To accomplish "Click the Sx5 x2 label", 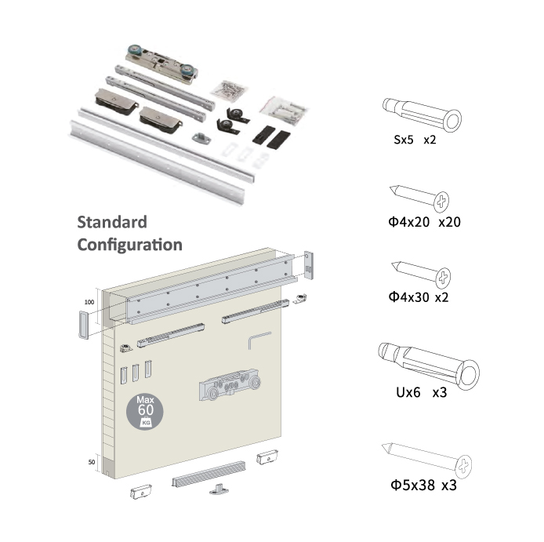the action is pyautogui.click(x=415, y=140).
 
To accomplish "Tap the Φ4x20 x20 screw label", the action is pyautogui.click(x=424, y=222).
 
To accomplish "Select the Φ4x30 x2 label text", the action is pyautogui.click(x=419, y=297).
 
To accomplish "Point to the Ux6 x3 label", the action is pyautogui.click(x=421, y=392).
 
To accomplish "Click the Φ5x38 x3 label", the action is pyautogui.click(x=423, y=485).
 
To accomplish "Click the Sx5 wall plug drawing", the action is pyautogui.click(x=422, y=115).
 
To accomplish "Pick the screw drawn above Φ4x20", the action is pyautogui.click(x=419, y=198).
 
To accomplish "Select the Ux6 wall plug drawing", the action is pyautogui.click(x=429, y=366).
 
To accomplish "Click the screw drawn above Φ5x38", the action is pyautogui.click(x=426, y=460).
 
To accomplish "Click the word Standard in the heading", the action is pyautogui.click(x=112, y=222).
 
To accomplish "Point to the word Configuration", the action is pyautogui.click(x=130, y=246).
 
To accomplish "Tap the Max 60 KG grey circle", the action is pyautogui.click(x=145, y=412).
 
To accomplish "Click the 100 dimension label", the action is pyautogui.click(x=89, y=302).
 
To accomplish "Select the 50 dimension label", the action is pyautogui.click(x=91, y=462).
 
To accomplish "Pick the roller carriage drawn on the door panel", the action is pyautogui.click(x=230, y=384).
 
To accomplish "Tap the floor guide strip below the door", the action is pyautogui.click(x=209, y=474).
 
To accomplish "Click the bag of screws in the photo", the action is pyautogui.click(x=230, y=89).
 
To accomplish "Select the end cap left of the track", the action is pyautogui.click(x=83, y=325).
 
